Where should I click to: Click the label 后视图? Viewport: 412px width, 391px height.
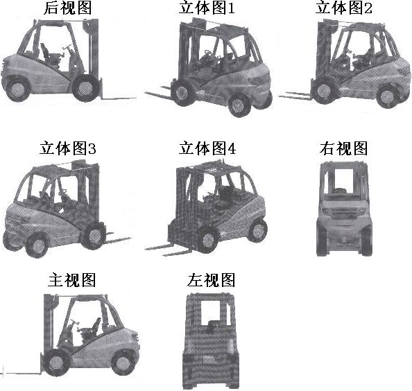pos(68,8)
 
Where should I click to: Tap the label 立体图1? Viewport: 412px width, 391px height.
pos(207,8)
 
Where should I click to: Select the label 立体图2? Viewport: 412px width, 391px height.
pos(344,8)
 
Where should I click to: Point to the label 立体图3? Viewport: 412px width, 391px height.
pos(68,148)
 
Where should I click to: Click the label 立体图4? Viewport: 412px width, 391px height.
pos(207,148)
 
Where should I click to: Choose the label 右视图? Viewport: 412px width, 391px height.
pos(344,148)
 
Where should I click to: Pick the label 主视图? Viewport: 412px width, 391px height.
pos(71,280)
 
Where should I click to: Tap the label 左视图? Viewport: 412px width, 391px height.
pos(211,280)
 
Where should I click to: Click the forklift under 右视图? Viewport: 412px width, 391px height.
pos(344,209)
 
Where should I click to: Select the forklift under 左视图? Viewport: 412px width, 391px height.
pos(211,341)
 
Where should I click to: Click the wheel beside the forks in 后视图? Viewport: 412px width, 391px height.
pos(85,88)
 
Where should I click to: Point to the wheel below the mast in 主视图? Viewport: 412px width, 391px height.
pos(55,363)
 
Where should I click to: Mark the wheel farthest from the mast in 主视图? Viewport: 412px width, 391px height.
pos(123,363)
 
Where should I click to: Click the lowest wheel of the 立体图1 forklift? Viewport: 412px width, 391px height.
pos(239,105)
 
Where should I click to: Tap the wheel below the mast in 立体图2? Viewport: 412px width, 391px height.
pos(324,91)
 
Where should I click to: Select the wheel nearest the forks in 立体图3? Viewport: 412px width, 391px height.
pos(93,236)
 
